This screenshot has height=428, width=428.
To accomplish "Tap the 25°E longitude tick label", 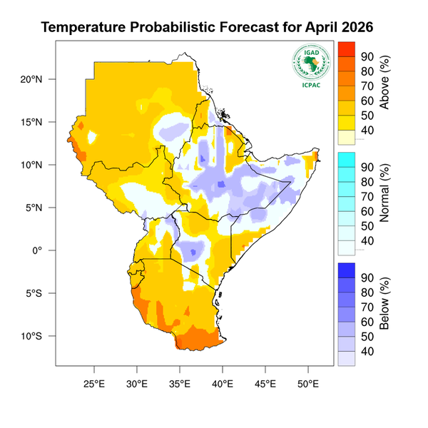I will [x=94, y=383].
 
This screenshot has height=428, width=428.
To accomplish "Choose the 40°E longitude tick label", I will [x=223, y=383].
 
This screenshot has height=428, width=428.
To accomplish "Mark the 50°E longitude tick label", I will [x=308, y=383].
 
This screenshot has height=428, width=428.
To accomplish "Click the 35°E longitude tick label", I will [x=180, y=383].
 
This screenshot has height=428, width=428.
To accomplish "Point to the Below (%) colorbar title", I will [x=385, y=303].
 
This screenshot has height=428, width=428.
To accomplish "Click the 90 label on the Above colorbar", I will [x=367, y=56].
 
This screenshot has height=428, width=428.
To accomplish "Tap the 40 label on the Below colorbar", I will [x=367, y=351].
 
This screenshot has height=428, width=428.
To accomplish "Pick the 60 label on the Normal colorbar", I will [x=367, y=211].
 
